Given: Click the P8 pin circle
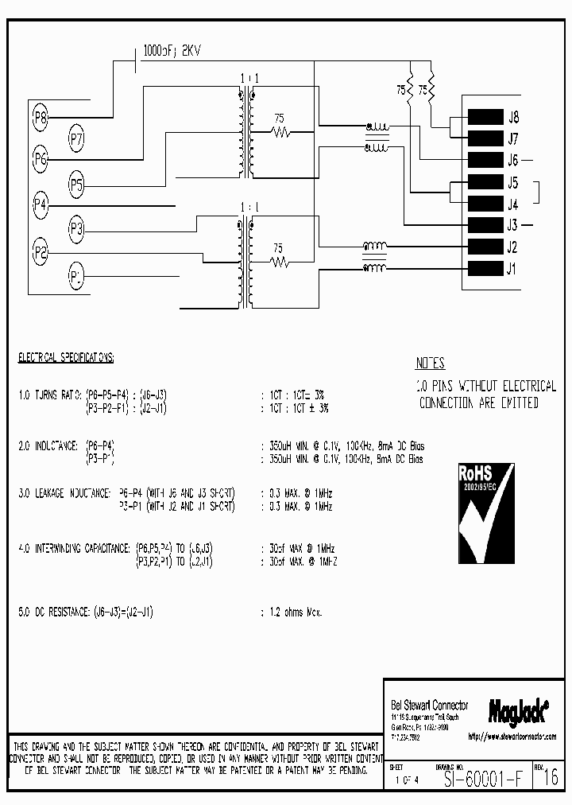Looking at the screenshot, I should click(x=41, y=119).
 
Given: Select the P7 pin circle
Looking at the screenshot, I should click(x=76, y=138).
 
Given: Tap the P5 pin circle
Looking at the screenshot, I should click(x=76, y=185).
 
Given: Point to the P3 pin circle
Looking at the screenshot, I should click(x=76, y=230).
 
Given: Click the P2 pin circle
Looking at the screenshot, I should click(x=41, y=253).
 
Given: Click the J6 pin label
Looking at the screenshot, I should click(x=513, y=160).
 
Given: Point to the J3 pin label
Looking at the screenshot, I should click(x=513, y=225).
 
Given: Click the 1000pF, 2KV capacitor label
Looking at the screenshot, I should click(x=171, y=51).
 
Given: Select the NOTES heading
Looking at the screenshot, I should click(x=430, y=364).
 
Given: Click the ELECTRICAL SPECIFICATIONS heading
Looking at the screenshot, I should click(x=66, y=359).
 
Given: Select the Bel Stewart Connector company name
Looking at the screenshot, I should click(x=430, y=705).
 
